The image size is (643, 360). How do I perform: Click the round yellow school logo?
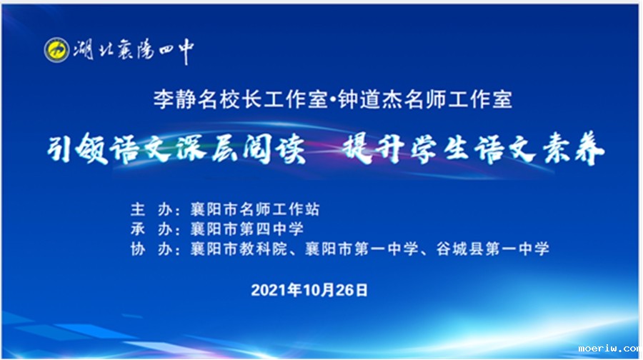coord(56,49)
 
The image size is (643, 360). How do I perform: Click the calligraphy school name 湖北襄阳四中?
coord(134,51)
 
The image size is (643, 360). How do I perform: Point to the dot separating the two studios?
coord(333,100)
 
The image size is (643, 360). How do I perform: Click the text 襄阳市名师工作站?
coord(254,209)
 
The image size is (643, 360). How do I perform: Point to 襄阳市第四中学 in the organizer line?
coord(247,229)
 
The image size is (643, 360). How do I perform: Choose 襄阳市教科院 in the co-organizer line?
coord(239,249)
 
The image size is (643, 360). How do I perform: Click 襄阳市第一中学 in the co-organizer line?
coord(362,249)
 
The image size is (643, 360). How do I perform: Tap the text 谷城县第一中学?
coord(492,249)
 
